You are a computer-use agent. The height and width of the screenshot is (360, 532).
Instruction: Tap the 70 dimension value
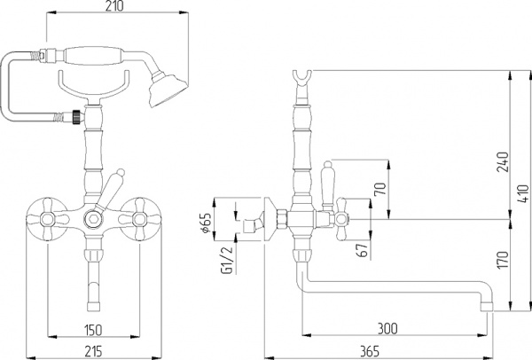coord(381,188)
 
